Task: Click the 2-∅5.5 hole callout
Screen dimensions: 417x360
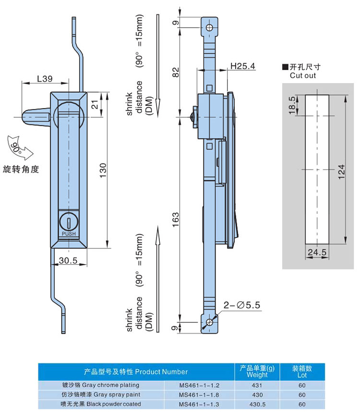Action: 241,305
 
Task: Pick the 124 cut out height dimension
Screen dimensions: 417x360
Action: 341,170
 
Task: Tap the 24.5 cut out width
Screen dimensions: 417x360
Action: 317,252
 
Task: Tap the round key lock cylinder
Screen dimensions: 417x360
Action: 69,221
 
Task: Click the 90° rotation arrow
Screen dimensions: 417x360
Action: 20,147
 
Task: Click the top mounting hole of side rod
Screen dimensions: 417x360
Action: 209,26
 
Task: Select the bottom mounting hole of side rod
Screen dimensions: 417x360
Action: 209,322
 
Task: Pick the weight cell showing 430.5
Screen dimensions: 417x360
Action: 257,404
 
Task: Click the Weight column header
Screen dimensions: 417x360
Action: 257,371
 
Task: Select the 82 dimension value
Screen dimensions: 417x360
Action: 176,72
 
